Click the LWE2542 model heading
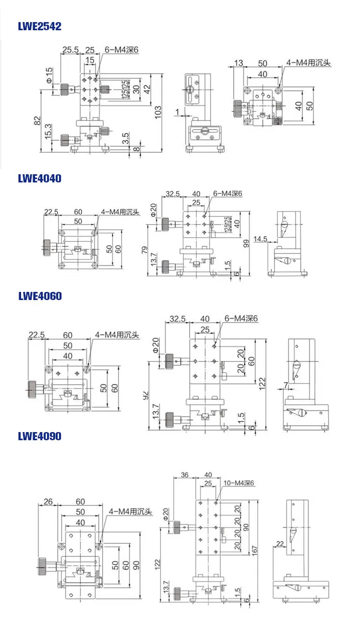[x=40, y=26]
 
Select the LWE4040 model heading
[x=40, y=179]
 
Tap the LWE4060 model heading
[x=40, y=296]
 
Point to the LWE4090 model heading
[x=40, y=436]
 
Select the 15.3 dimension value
[x=48, y=132]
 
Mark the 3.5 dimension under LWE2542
[x=125, y=139]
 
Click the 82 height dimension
[x=37, y=121]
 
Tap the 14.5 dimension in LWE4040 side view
[x=261, y=239]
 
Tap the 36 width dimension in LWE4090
[x=185, y=475]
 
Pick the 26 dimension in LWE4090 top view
[x=48, y=502]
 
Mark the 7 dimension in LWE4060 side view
[x=286, y=385]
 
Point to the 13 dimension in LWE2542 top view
[x=239, y=63]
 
